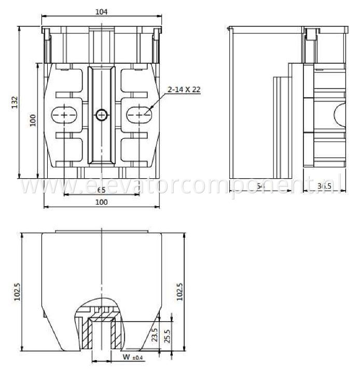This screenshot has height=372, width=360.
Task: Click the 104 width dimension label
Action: [x=102, y=12]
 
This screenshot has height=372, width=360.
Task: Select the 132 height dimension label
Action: [x=15, y=103]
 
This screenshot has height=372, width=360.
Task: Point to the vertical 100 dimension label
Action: [x=33, y=120]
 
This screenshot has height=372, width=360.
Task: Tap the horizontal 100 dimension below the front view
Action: [x=102, y=203]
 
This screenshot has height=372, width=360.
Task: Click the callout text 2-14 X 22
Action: [x=184, y=89]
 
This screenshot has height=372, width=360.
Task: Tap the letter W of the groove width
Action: [x=126, y=356]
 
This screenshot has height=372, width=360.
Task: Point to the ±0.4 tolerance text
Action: [x=138, y=357]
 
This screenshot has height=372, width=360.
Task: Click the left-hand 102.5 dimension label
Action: [x=18, y=292]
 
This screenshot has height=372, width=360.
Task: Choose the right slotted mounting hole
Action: [x=138, y=114]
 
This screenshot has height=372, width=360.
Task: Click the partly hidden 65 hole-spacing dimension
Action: [x=102, y=190]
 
